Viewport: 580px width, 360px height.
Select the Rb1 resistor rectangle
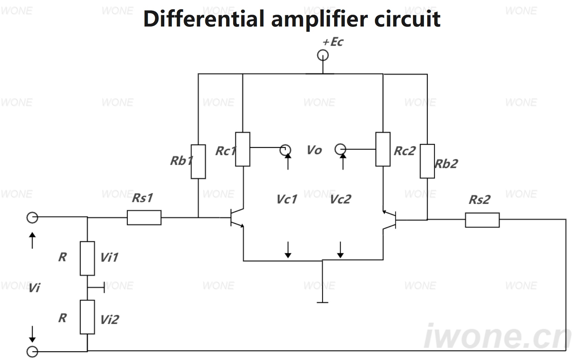pyautogui.click(x=198, y=162)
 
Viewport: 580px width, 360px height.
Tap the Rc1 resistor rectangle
pyautogui.click(x=242, y=149)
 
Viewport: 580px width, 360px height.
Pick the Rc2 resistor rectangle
pyautogui.click(x=383, y=149)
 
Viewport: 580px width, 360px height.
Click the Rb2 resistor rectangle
pyautogui.click(x=427, y=161)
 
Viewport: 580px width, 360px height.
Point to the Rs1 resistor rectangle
pyautogui.click(x=144, y=218)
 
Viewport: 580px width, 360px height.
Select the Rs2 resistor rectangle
pyautogui.click(x=483, y=220)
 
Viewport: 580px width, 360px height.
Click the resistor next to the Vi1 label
pyautogui.click(x=87, y=258)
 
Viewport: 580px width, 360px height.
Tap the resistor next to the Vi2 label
pyautogui.click(x=87, y=317)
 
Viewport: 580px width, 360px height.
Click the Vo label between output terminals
pyautogui.click(x=314, y=150)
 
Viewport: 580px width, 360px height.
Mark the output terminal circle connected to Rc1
pyautogui.click(x=285, y=150)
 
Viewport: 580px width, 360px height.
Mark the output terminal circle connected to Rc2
pyautogui.click(x=340, y=150)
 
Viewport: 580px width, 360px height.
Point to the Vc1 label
pyautogui.click(x=287, y=199)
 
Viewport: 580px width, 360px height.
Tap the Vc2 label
pyautogui.click(x=341, y=199)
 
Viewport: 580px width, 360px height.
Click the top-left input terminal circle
pyautogui.click(x=32, y=218)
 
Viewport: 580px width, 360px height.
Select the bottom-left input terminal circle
pyautogui.click(x=32, y=352)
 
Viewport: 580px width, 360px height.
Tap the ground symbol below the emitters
pyautogui.click(x=322, y=302)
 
